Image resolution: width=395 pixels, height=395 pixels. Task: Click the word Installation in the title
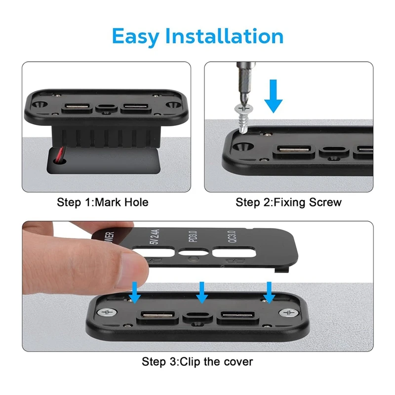pyautogui.click(x=225, y=37)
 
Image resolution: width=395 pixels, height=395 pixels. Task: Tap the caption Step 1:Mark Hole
pyautogui.click(x=103, y=202)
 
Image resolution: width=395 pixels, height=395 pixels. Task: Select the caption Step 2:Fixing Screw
pyautogui.click(x=288, y=202)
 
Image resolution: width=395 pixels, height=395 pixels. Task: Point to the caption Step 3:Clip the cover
pyautogui.click(x=197, y=361)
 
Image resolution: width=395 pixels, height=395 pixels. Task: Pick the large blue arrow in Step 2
pyautogui.click(x=273, y=97)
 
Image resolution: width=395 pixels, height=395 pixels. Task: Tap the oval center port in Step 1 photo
pyautogui.click(x=105, y=107)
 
